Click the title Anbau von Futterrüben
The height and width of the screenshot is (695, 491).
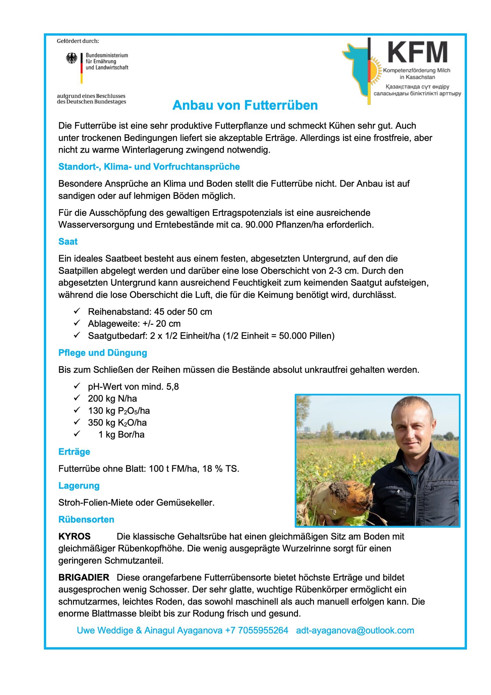(245, 105)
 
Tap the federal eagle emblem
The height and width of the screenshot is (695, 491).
(72, 58)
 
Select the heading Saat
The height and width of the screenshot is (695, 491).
(68, 242)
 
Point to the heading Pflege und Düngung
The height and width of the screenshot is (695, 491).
(102, 353)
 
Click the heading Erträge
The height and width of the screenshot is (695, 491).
(74, 451)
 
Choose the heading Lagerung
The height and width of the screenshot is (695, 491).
(79, 486)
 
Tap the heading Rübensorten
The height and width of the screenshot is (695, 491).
(86, 519)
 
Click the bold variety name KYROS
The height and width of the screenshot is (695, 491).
(74, 536)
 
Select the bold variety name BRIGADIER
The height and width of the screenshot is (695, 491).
(84, 577)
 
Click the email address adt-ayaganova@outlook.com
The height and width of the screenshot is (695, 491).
(355, 631)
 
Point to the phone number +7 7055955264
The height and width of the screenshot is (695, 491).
(257, 631)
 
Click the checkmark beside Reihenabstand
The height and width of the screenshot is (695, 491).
(77, 311)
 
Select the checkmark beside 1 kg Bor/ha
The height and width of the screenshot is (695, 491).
(77, 434)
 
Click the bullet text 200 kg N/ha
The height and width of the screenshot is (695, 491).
(112, 399)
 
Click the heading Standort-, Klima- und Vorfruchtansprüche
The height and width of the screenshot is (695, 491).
(149, 167)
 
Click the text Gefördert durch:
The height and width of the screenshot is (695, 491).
(78, 41)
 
